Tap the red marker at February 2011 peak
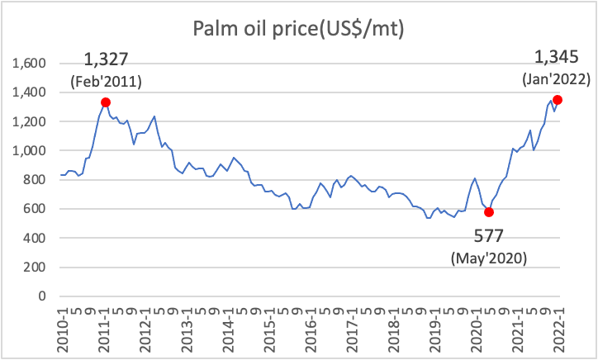pos(106,102)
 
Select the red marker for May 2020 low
pos(489,212)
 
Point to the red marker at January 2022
pos(558,100)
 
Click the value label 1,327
pos(107,59)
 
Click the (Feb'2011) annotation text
pos(107,82)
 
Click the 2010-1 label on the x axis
pos(62,326)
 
